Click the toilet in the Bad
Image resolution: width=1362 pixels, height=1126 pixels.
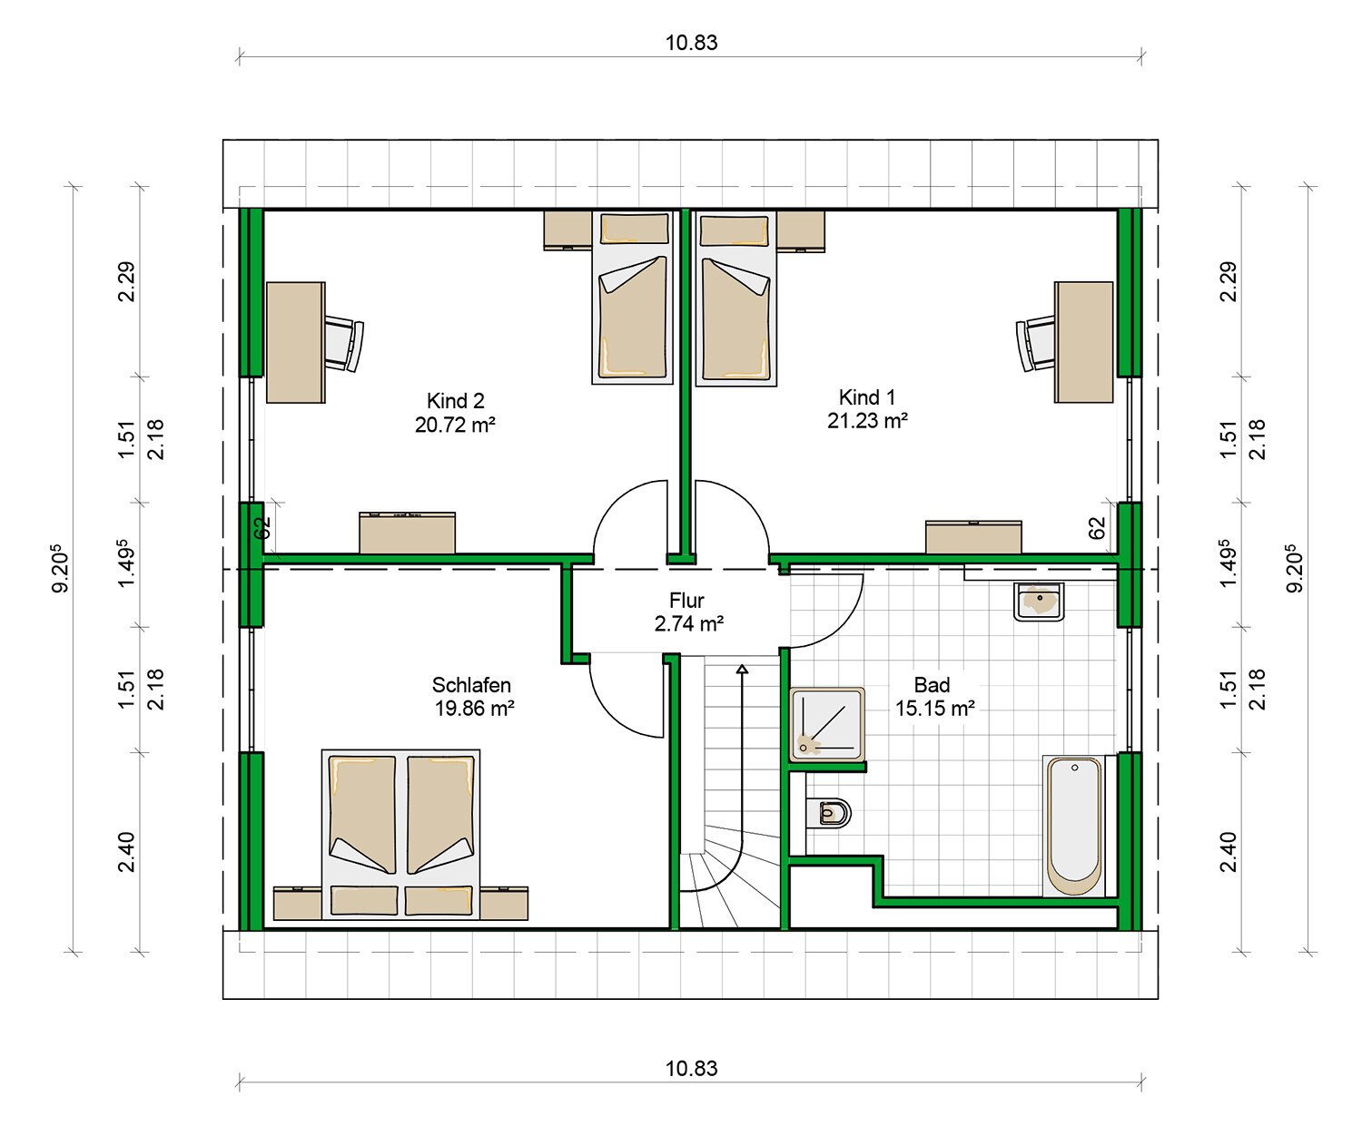pyautogui.click(x=829, y=813)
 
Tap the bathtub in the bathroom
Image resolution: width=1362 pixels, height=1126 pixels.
pyautogui.click(x=1074, y=826)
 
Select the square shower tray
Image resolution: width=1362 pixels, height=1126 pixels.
pyautogui.click(x=827, y=724)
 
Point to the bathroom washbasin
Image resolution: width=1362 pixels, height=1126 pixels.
pyautogui.click(x=1039, y=602)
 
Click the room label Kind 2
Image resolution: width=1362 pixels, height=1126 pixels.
pyautogui.click(x=455, y=400)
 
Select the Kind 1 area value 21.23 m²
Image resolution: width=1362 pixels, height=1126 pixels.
pyautogui.click(x=867, y=421)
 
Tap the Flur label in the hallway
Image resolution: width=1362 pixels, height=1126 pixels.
pyautogui.click(x=686, y=600)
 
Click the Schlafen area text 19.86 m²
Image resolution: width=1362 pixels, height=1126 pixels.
pyautogui.click(x=475, y=708)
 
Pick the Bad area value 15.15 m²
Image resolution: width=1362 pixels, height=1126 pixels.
pyautogui.click(x=934, y=708)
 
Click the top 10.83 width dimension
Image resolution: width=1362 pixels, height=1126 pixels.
pyautogui.click(x=691, y=43)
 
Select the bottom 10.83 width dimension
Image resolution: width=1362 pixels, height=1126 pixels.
pyautogui.click(x=691, y=1069)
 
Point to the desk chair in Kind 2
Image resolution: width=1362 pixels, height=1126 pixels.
pyautogui.click(x=344, y=344)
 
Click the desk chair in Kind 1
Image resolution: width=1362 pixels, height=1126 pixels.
pyautogui.click(x=1036, y=344)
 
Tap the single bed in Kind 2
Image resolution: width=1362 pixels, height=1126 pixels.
pyautogui.click(x=632, y=298)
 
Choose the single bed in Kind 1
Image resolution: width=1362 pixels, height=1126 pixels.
pyautogui.click(x=735, y=298)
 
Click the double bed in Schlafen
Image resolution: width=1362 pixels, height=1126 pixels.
pyautogui.click(x=400, y=835)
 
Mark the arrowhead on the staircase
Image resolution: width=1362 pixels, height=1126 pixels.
pyautogui.click(x=742, y=669)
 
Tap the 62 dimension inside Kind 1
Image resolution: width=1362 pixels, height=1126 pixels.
pyautogui.click(x=1097, y=527)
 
